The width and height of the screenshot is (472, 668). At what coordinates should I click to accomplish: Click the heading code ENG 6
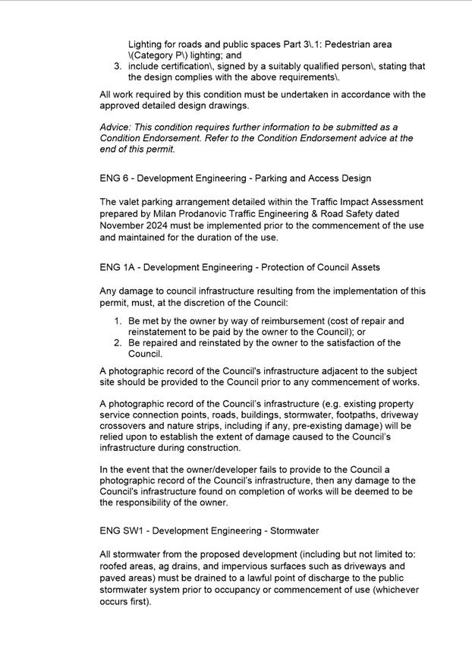tap(114, 178)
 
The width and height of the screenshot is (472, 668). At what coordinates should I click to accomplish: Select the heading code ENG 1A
tap(117, 267)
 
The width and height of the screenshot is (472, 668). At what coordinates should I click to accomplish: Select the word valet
tap(134, 202)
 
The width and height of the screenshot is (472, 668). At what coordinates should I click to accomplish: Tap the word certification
tap(194, 67)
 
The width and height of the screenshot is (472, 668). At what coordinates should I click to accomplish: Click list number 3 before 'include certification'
tap(118, 67)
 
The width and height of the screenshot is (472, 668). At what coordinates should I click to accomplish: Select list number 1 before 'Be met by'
tap(118, 321)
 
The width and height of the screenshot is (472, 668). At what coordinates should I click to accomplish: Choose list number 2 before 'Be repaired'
tap(118, 343)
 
